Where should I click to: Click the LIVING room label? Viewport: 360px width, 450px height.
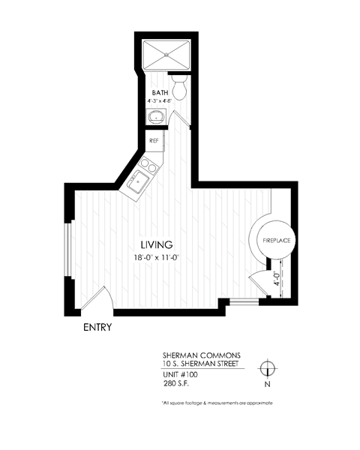click(157, 244)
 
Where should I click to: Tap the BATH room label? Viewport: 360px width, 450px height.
click(160, 93)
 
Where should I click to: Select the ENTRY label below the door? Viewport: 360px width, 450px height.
click(97, 327)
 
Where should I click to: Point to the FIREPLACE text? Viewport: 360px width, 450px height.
click(275, 240)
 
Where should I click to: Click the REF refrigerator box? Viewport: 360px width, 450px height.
click(154, 140)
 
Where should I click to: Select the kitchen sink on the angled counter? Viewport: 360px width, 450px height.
click(139, 181)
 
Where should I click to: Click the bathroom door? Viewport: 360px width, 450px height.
click(180, 120)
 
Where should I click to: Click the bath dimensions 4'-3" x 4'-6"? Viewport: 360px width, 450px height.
click(160, 101)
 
